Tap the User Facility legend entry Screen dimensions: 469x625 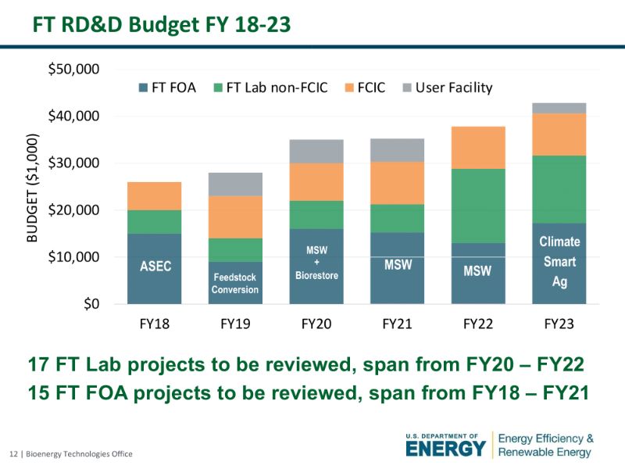click(445, 88)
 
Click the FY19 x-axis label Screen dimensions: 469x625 click(234, 323)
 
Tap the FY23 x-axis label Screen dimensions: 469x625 click(559, 323)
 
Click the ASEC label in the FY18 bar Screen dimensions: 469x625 click(155, 267)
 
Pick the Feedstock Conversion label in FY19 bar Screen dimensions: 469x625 click(234, 284)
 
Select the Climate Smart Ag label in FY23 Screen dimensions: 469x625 click(559, 262)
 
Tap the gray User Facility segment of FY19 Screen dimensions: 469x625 click(235, 184)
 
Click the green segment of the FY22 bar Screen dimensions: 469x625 click(477, 206)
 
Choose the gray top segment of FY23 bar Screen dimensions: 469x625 click(559, 108)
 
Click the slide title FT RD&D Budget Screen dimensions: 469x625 click(161, 25)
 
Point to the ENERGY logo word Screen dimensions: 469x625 click(445, 449)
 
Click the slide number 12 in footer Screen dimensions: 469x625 click(12, 454)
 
